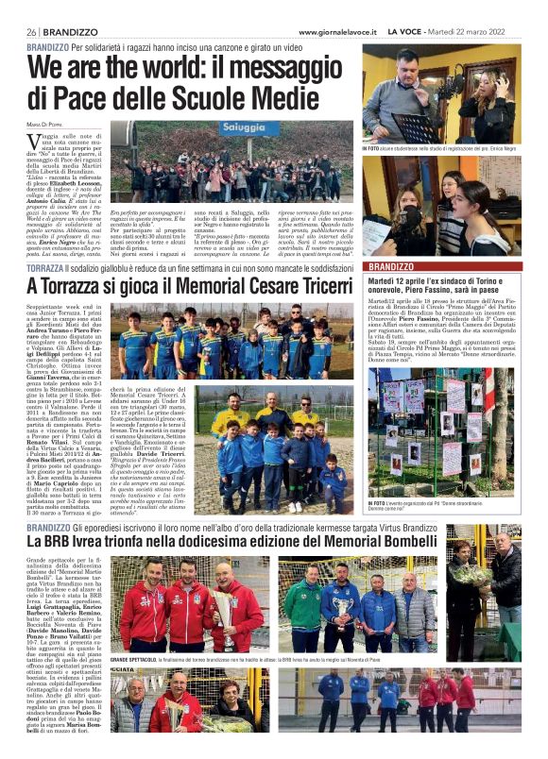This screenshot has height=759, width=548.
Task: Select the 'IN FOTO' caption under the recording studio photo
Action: click(x=371, y=149)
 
